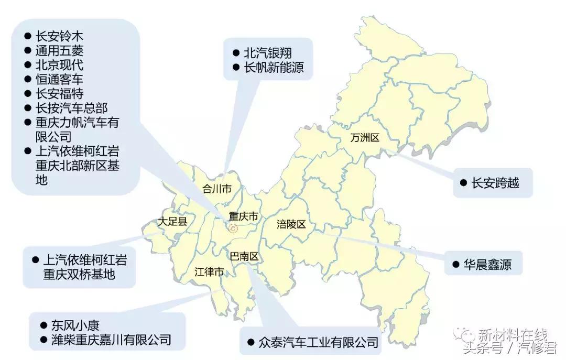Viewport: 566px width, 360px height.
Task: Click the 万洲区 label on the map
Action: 365,138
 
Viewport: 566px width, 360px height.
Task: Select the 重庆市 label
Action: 244,216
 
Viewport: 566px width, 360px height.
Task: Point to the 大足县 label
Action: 172,222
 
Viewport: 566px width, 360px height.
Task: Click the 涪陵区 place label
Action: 291,224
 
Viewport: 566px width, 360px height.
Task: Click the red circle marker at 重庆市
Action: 233,228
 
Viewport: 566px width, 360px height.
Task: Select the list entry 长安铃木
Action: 59,37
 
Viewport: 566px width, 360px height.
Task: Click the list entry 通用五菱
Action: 59,51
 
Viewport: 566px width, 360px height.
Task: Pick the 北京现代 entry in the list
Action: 59,65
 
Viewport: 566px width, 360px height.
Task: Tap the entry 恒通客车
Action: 59,80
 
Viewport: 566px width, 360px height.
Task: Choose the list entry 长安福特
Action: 59,94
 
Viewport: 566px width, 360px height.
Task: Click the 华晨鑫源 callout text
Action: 486,264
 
